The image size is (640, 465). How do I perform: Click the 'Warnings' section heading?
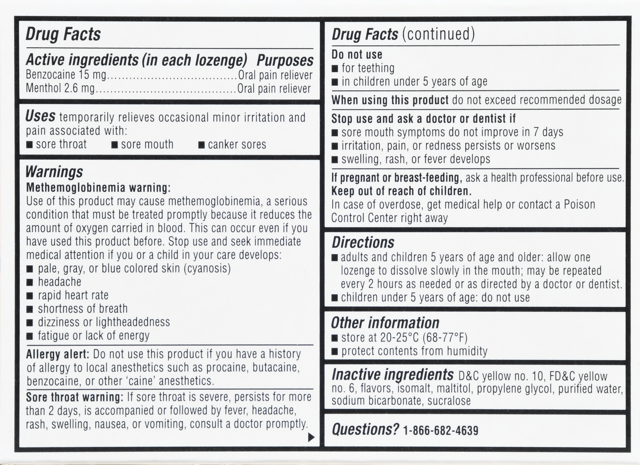point(54,172)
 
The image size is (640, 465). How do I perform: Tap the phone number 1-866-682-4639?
point(441,431)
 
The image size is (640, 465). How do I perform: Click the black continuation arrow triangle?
point(311,438)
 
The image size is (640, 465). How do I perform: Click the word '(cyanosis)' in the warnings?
point(207,268)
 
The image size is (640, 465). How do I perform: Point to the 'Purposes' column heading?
point(285,60)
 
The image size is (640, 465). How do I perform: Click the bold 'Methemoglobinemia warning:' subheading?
point(98,188)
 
